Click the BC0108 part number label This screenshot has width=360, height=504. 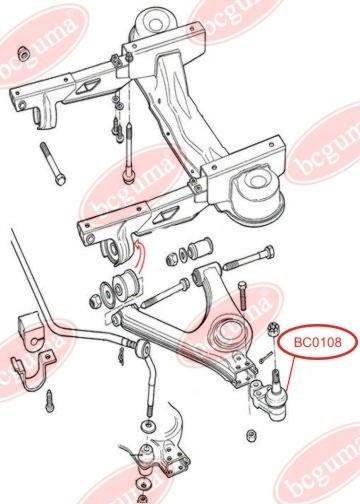(317, 342)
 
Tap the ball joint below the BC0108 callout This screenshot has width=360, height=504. (271, 397)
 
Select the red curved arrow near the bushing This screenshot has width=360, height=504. (139, 253)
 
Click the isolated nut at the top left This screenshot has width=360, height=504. (23, 53)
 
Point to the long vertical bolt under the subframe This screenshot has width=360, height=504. (128, 152)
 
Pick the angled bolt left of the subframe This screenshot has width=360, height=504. (53, 163)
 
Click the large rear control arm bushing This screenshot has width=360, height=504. (125, 284)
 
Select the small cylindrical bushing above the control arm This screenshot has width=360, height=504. (200, 249)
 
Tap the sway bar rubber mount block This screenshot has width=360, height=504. (32, 333)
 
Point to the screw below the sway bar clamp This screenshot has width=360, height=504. (50, 401)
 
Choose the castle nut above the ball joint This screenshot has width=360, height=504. (273, 329)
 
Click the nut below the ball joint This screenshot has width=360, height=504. (250, 436)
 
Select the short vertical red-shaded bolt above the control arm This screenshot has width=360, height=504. (242, 296)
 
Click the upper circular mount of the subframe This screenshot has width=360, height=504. (155, 23)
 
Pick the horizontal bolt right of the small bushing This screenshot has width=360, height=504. (248, 258)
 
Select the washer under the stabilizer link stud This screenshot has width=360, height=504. (147, 427)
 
